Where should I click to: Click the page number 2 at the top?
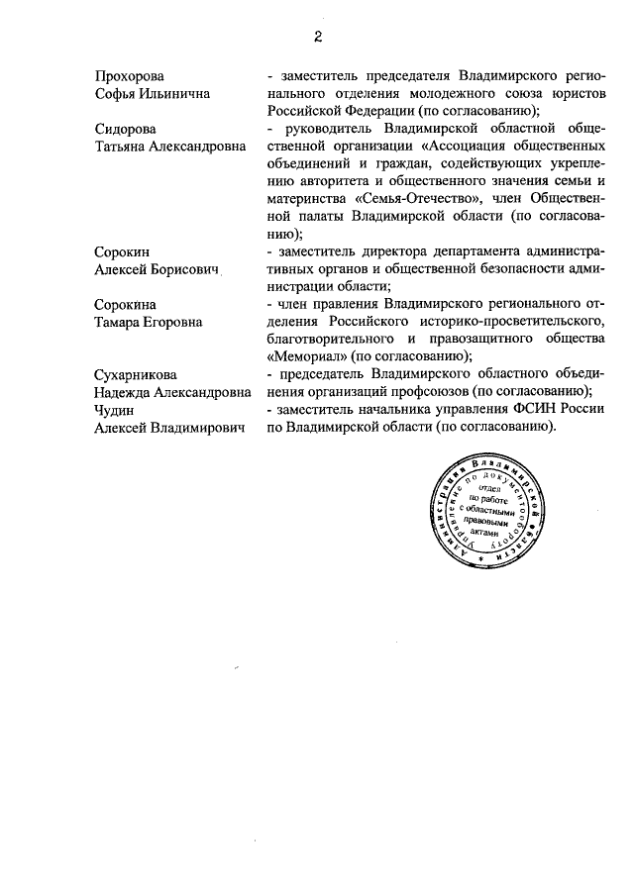point(317,38)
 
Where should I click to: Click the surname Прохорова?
point(130,75)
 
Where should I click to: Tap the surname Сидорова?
point(126,129)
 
